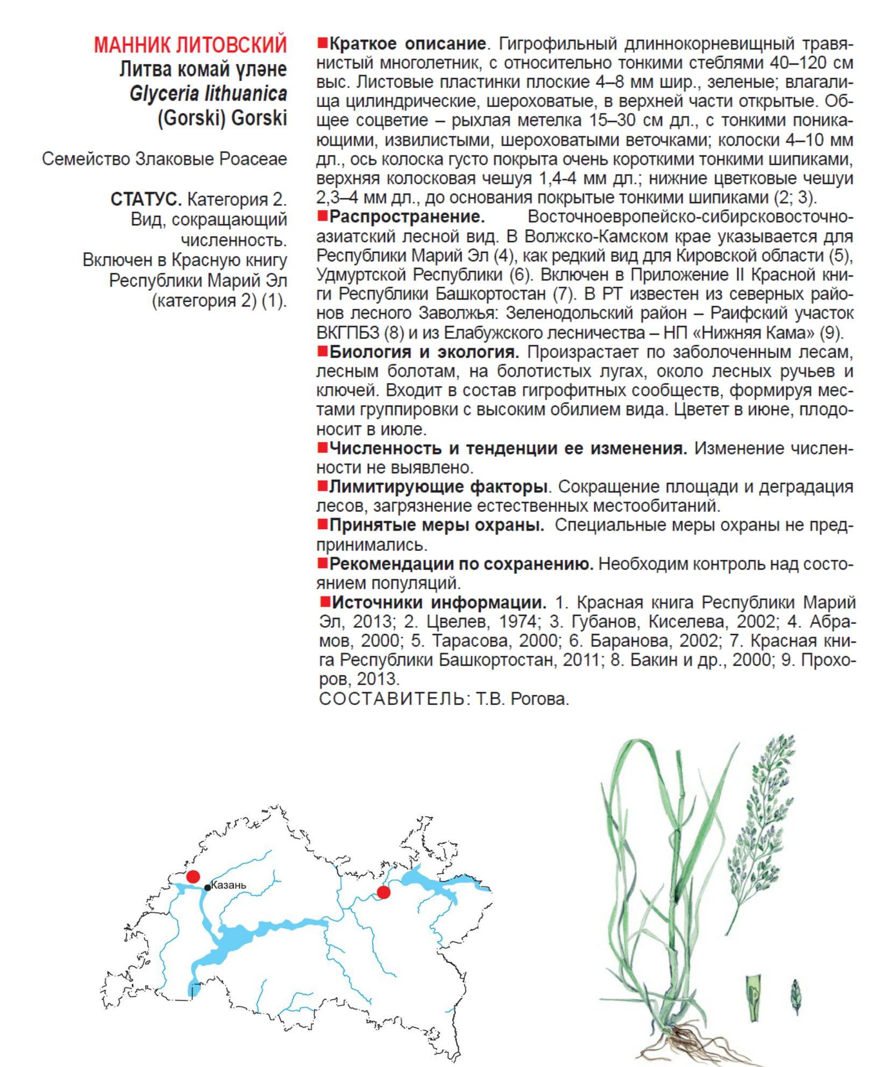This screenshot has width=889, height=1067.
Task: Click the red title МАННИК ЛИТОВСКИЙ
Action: [x=190, y=45]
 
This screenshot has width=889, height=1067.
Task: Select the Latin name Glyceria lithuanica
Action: [x=208, y=94]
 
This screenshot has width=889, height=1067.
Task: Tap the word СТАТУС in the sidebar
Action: [x=146, y=200]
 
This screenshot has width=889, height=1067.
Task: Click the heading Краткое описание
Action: [x=407, y=44]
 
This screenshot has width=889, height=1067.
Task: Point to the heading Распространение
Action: [x=407, y=217]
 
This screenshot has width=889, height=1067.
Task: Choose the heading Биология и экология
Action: [x=424, y=352]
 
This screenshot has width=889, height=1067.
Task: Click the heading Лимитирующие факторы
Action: [x=438, y=487]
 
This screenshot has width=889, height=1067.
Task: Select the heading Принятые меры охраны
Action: [x=436, y=525]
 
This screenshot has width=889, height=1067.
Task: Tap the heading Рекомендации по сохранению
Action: [x=461, y=564]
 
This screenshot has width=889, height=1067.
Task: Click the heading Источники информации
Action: [x=438, y=602]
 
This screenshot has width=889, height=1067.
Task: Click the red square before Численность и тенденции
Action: [x=322, y=447]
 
